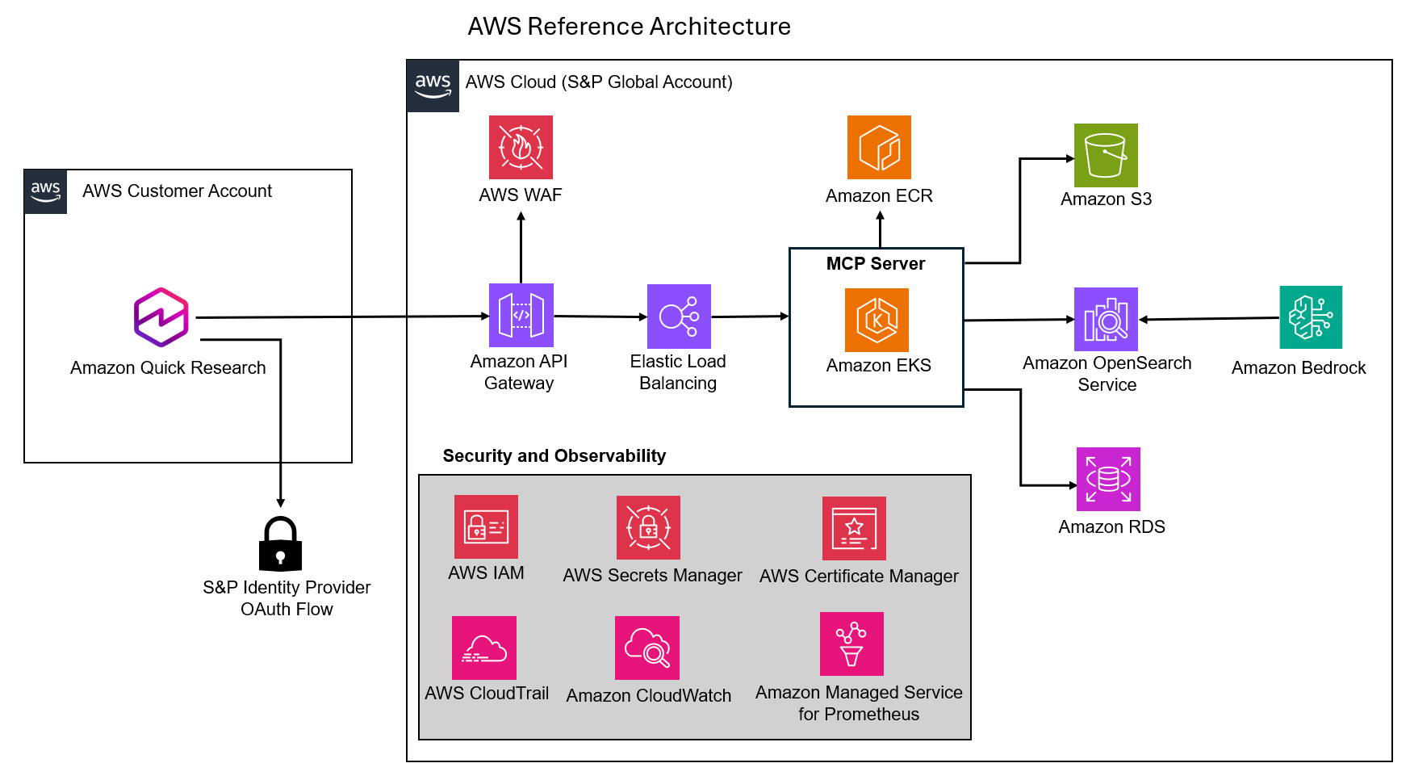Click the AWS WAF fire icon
(521, 147)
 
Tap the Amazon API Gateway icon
(521, 315)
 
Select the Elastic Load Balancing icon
(679, 316)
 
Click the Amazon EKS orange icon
(877, 320)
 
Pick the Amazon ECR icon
(879, 147)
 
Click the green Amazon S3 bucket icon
(1106, 155)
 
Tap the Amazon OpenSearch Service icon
(1106, 319)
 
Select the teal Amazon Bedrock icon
(1311, 317)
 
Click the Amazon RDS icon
(1108, 479)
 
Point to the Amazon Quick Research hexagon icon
(161, 317)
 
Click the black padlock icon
(280, 544)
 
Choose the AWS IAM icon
(486, 526)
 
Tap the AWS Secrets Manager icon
(648, 527)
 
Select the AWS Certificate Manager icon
(854, 528)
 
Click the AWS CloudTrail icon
(484, 648)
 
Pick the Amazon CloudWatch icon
(647, 648)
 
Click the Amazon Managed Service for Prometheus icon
(851, 644)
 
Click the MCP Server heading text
(876, 263)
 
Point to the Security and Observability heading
(554, 455)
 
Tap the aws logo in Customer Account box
(46, 191)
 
